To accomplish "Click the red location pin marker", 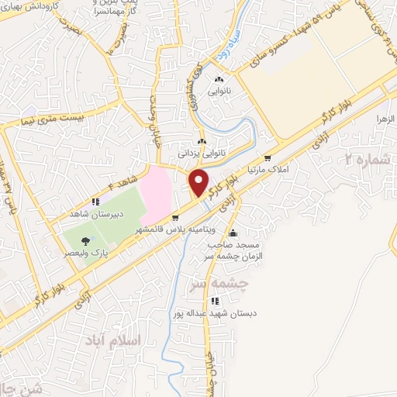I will point(199,183).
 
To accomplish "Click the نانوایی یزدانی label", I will point(202,153).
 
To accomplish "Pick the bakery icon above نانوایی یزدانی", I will point(202,142).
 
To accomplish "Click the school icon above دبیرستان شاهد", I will point(95,202).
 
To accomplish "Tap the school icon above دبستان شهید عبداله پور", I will point(216,301).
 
